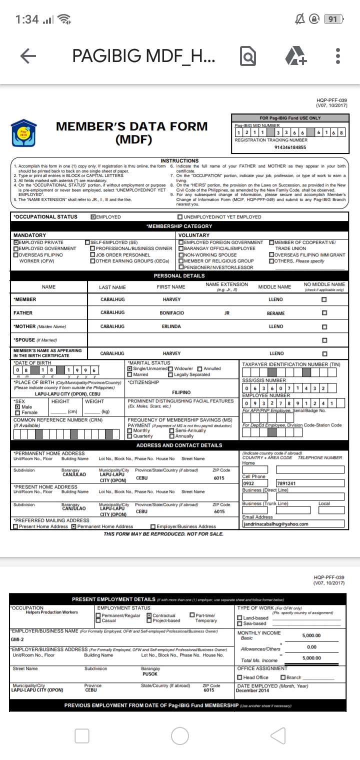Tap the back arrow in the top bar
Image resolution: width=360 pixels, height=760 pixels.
28,56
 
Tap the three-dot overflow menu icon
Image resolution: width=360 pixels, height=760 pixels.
338,56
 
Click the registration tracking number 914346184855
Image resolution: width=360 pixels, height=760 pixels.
290,147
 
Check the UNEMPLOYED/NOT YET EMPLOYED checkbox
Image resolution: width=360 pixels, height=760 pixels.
180,217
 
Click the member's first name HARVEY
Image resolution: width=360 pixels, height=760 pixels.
171,299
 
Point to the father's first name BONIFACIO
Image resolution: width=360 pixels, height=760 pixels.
171,313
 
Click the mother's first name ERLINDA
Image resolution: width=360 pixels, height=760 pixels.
171,326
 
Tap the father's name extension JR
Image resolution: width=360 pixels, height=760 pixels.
226,313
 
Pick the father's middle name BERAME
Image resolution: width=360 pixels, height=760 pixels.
275,313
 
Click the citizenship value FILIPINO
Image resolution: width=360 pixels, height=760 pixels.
181,392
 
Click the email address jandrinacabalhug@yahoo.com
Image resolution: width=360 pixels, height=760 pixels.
275,524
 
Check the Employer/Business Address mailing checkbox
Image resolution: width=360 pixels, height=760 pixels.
153,526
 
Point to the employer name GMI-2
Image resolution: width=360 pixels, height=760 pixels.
17,639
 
